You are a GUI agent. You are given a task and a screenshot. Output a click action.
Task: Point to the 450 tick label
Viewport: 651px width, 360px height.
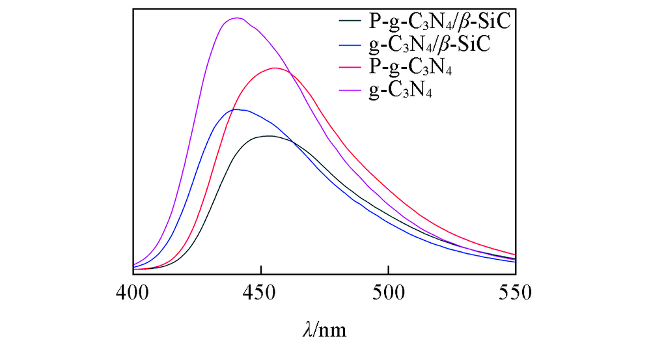pyautogui.click(x=260, y=292)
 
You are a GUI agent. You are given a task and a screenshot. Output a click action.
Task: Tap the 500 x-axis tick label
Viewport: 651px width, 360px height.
pyautogui.click(x=388, y=292)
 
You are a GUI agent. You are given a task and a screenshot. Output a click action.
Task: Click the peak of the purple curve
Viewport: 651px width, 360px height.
pyautogui.click(x=236, y=18)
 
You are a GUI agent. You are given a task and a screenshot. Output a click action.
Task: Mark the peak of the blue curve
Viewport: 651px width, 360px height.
pyautogui.click(x=238, y=109)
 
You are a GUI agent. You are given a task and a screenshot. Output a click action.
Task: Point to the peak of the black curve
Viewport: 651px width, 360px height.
pyautogui.click(x=268, y=136)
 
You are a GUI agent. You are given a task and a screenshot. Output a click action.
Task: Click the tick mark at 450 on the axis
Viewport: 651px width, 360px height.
pyautogui.click(x=260, y=271)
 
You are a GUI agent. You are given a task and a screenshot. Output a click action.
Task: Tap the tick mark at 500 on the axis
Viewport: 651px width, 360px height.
pyautogui.click(x=388, y=271)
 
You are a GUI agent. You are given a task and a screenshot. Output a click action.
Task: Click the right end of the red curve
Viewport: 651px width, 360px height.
pyautogui.click(x=515, y=255)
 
